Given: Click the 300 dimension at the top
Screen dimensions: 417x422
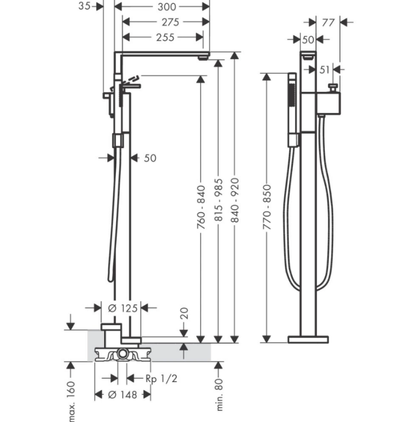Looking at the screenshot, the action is coord(167,7).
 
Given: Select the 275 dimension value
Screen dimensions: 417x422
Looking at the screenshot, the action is coord(170,22).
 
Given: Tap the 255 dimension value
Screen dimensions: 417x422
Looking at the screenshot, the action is coord(165,37).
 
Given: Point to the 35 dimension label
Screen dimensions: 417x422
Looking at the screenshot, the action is coord(84,6).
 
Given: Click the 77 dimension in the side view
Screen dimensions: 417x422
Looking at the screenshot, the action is coord(328,23).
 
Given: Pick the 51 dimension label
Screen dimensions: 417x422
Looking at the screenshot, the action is coord(324,70).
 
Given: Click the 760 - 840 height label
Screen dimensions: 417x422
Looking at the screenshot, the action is coord(201,207).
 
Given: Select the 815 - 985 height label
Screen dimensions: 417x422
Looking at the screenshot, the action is coord(218,200).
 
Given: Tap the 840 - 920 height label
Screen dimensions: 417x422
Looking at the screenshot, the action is coord(235,200).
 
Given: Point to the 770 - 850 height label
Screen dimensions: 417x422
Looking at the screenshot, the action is coord(267,207).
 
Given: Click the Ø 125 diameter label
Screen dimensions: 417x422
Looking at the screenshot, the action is coord(123,308).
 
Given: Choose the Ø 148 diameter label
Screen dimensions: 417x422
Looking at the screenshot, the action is coord(123,395).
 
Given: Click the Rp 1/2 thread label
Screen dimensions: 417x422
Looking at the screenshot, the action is coord(162,379).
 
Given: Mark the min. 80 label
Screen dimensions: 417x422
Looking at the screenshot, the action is coord(219,394).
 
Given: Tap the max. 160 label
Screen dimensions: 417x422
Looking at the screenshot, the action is coord(71,401).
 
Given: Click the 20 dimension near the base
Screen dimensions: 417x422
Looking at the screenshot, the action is coord(184,313).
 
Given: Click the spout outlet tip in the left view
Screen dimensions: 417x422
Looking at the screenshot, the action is coord(204,58).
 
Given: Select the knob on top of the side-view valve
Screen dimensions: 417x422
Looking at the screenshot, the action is coord(333,88).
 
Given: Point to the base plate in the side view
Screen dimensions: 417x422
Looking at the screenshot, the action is coord(308,339).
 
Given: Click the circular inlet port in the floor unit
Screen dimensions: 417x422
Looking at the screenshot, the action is coord(123,354).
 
